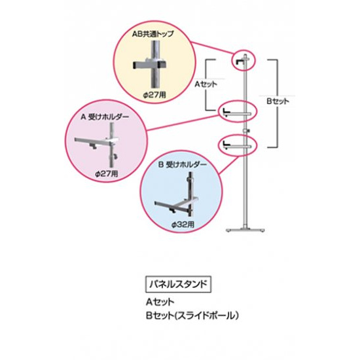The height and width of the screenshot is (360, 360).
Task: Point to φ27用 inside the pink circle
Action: tap(106, 174)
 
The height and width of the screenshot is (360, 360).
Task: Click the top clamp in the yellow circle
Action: tap(151, 65)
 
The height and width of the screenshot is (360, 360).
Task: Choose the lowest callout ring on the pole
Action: tap(236, 143)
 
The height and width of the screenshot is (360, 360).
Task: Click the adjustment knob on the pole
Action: tap(247, 134)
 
